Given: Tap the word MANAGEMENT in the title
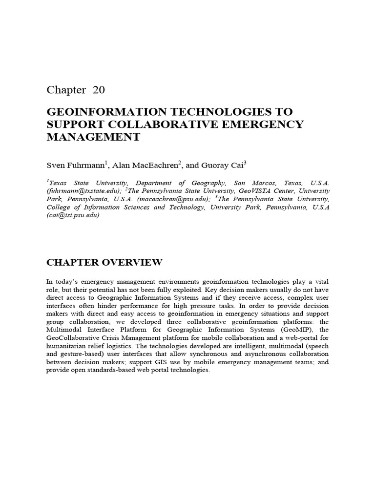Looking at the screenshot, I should tap(93, 137).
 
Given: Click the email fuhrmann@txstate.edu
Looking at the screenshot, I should tap(84, 190).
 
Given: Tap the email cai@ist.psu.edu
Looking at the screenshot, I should tap(73, 215).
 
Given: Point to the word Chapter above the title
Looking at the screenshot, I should tap(65, 90).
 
